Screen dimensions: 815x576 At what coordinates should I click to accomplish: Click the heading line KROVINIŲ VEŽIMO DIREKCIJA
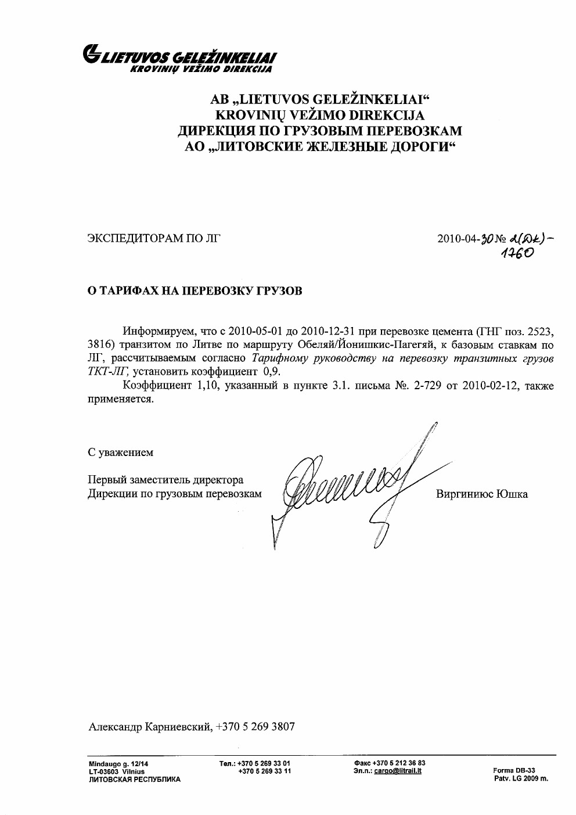pos(320,115)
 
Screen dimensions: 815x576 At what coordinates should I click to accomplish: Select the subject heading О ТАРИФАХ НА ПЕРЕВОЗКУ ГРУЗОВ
pos(195,291)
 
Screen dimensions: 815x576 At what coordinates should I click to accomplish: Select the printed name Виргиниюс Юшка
pos(481,494)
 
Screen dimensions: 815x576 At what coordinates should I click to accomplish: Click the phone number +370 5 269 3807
pos(255,727)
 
